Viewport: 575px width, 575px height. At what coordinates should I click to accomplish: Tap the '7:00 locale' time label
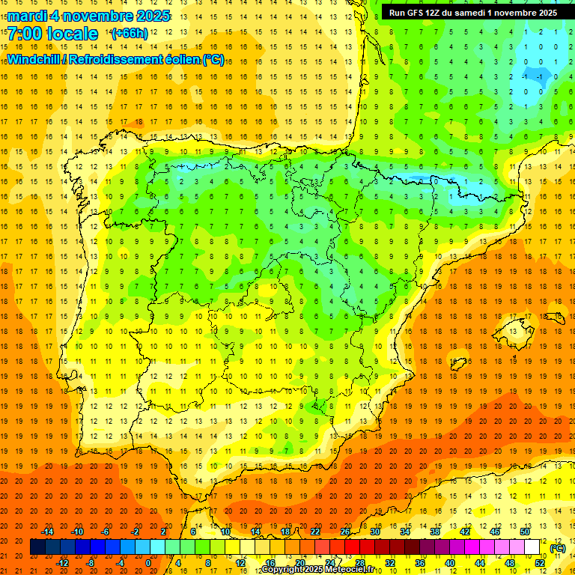52,34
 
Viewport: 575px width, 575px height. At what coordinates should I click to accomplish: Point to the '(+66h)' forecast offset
130,34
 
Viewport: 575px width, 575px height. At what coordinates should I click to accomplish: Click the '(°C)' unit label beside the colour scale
557,548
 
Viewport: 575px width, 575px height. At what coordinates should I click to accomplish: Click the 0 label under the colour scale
148,563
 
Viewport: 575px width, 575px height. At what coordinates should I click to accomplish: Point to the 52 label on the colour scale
540,563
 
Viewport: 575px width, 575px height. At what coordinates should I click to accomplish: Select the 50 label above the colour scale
525,531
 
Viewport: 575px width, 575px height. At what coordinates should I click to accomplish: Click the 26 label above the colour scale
345,531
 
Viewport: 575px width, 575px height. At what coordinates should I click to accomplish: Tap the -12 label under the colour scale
62,563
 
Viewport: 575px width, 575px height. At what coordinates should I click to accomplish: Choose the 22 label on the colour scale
315,531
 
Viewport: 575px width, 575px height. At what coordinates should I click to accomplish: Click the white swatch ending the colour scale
532,547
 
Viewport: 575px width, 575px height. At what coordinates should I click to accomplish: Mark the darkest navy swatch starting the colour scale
37,547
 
